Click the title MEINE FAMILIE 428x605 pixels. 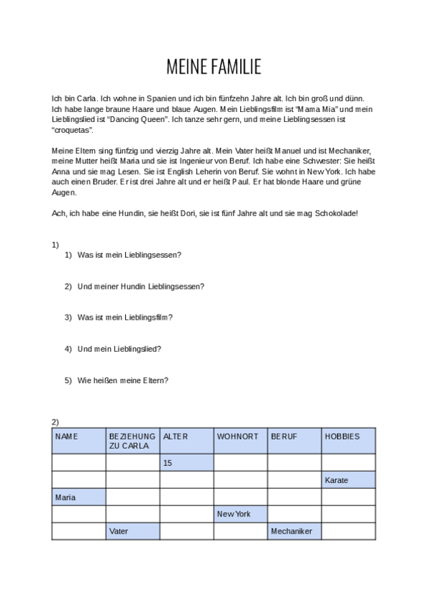coord(214,68)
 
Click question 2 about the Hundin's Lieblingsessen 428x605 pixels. coord(141,286)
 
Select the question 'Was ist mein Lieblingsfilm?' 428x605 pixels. coord(125,317)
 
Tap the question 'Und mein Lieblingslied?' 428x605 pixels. coord(119,349)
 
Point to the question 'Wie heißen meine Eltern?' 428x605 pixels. coord(123,380)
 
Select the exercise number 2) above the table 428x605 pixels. coord(55,422)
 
